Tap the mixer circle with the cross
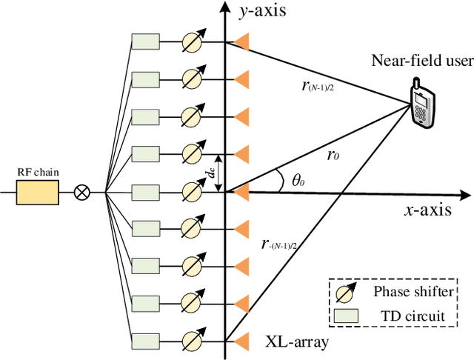(x=83, y=193)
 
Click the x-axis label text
(x=427, y=210)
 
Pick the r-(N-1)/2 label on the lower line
(x=286, y=243)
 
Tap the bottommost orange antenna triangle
(x=241, y=341)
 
